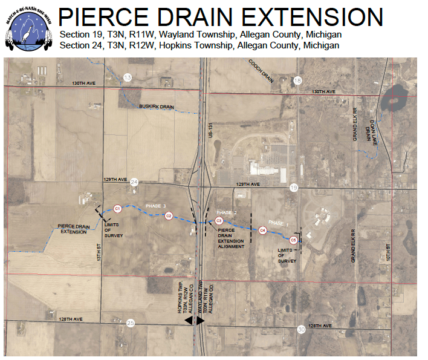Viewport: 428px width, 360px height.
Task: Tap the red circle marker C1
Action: tap(118, 208)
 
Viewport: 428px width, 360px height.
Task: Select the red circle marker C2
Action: tap(169, 215)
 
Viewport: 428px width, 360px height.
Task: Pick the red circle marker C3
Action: tap(219, 221)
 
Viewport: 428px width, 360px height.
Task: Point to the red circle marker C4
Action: tap(262, 230)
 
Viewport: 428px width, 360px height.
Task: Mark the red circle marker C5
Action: tap(293, 240)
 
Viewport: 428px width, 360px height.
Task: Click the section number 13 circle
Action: tap(127, 77)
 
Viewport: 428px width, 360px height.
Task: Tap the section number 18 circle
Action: tap(297, 80)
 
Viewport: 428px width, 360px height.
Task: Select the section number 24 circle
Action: tap(134, 182)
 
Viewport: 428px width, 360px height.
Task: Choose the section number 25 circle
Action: tap(131, 323)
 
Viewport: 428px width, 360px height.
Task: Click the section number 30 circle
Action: tap(301, 329)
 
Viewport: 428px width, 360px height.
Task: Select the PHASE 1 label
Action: tap(279, 223)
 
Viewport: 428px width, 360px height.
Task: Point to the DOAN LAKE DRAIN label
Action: tap(371, 128)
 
